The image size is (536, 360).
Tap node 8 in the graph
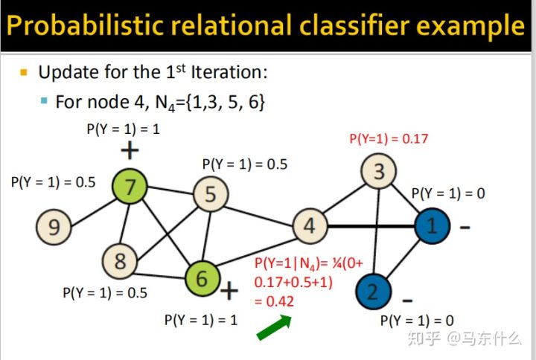(x=119, y=260)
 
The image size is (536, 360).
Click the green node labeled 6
(x=201, y=277)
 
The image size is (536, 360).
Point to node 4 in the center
(x=309, y=225)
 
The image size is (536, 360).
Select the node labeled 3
(x=379, y=172)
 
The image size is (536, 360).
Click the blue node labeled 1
(x=432, y=225)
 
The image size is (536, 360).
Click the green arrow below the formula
(x=274, y=328)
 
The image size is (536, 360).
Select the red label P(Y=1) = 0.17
(x=389, y=138)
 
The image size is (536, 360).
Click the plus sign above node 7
(x=130, y=152)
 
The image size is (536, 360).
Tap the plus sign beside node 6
(x=229, y=290)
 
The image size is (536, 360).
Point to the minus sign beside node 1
(x=465, y=227)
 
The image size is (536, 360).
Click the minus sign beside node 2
(x=407, y=300)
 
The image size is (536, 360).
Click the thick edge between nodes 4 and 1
(x=370, y=225)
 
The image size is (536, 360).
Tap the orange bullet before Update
(x=23, y=73)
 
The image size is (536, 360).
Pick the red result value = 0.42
(x=274, y=301)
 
